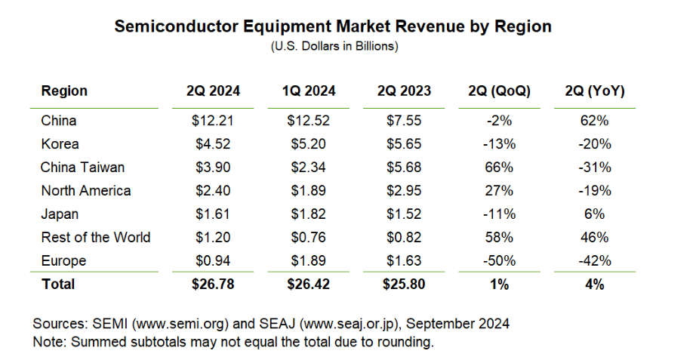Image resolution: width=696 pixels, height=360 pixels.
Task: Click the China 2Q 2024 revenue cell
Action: click(214, 121)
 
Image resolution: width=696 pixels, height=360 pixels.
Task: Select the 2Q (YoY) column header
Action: click(594, 91)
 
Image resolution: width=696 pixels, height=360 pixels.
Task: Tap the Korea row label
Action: click(60, 144)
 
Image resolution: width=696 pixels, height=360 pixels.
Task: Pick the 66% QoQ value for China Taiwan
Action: click(499, 168)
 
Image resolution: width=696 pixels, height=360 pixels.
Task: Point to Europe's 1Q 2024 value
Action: click(309, 261)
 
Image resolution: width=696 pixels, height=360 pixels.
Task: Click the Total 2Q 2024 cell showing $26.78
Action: click(214, 285)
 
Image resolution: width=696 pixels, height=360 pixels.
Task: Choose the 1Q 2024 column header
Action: click(309, 91)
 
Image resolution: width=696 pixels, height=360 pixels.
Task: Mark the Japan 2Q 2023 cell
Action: click(405, 214)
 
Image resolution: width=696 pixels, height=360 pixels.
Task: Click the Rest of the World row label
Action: click(96, 238)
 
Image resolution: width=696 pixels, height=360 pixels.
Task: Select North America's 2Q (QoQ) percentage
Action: click(499, 191)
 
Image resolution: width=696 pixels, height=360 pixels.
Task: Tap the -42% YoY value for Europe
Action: click(594, 261)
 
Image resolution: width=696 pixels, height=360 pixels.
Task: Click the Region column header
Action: click(64, 91)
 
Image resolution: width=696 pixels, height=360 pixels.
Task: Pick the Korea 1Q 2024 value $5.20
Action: click(309, 144)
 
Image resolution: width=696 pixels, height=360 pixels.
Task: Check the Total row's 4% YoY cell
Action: click(594, 285)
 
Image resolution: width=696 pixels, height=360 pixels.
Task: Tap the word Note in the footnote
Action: click(48, 341)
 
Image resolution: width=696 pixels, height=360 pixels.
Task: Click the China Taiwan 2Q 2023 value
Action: click(405, 168)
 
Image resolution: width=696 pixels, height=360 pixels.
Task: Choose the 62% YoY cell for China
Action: click(594, 121)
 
